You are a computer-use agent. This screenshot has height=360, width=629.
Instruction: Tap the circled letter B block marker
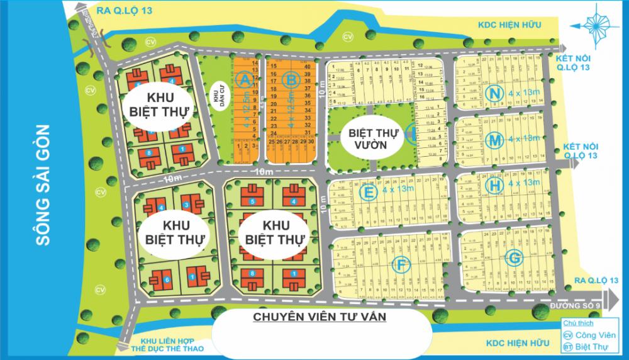click(291, 79)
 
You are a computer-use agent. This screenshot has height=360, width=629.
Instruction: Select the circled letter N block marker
click(495, 93)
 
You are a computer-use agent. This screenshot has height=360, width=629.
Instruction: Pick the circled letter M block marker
click(495, 138)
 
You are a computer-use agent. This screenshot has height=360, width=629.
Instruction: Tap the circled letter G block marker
click(513, 257)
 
